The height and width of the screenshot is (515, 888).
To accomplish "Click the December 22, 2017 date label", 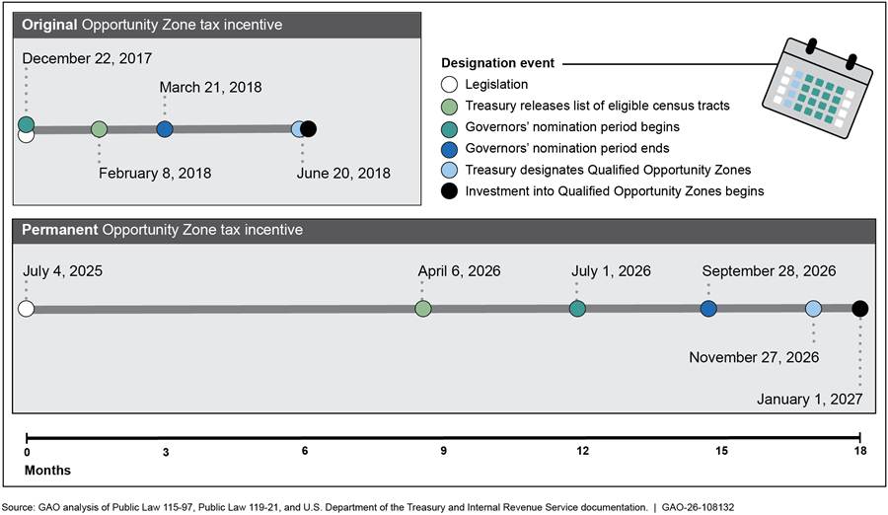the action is point(87,58).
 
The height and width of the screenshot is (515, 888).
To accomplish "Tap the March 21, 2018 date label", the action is point(211,87).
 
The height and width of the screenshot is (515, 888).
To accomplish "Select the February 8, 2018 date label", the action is point(155,174).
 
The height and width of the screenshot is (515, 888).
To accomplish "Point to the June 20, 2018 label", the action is point(343,174).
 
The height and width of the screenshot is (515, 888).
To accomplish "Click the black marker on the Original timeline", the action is point(308,129).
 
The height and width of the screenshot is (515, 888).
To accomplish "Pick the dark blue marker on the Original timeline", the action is point(165,129).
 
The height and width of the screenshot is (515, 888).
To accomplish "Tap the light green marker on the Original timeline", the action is point(99,129).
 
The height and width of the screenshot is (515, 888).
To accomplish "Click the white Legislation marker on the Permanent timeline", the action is point(26,309).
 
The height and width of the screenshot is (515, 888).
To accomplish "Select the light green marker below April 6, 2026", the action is point(423,309).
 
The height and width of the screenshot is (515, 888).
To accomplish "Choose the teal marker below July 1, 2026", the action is point(577,309).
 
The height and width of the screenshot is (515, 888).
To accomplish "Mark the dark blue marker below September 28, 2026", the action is point(708,309).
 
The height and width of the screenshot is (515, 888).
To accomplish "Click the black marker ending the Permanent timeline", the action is point(859,309).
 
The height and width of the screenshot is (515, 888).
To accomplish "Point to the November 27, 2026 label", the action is point(754,357).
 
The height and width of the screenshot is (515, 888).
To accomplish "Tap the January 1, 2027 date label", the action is point(809,400).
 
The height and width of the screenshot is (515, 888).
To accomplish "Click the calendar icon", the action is point(818,89).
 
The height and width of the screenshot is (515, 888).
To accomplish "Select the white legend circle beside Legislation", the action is point(449,85).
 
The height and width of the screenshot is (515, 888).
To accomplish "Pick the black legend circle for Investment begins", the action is point(449,191).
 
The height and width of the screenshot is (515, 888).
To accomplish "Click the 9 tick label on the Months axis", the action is point(443,451).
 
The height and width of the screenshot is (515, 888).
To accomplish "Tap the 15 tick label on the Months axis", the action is point(721,451).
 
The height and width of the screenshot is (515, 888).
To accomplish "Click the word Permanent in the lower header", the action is point(60,230).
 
